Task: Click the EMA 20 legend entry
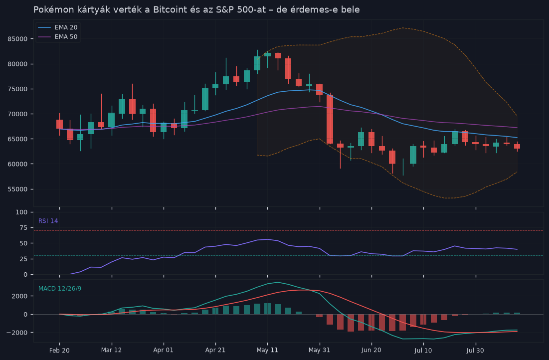tap(58, 27)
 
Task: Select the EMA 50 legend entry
tap(58, 37)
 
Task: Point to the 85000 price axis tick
tap(17, 39)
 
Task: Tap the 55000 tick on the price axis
tap(17, 189)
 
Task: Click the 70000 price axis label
tap(17, 114)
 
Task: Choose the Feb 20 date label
tap(59, 350)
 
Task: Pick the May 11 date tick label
tap(267, 350)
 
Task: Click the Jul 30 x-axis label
tap(476, 350)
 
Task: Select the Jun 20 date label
tap(371, 350)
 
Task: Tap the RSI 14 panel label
tap(48, 221)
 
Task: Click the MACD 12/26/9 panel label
tap(60, 289)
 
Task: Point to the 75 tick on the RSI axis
tap(23, 228)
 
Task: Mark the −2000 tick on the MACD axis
tap(17, 333)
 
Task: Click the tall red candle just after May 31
tap(330, 119)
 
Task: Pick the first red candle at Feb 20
tap(59, 124)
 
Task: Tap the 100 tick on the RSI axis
tap(22, 212)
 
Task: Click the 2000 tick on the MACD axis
tap(20, 296)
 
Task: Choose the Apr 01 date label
tap(164, 350)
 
